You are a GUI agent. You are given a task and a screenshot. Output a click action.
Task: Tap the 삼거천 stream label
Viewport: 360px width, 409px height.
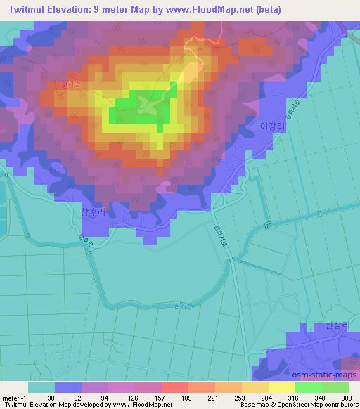click(x=181, y=306)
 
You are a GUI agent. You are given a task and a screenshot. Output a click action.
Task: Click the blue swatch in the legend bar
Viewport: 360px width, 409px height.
click(x=68, y=387)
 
